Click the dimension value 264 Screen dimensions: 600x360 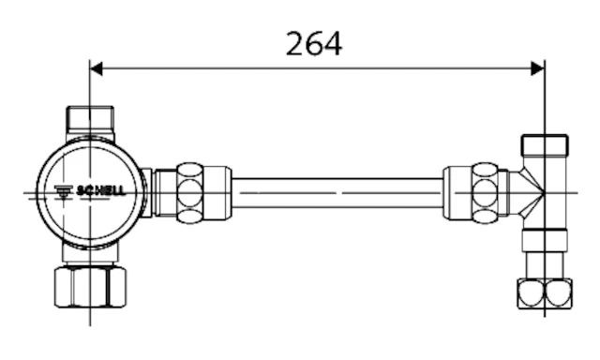pyautogui.click(x=314, y=44)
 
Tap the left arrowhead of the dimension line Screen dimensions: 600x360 pyautogui.click(x=96, y=68)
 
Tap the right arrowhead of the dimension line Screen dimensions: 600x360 pyautogui.click(x=537, y=68)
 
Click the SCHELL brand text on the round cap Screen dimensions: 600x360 pyautogui.click(x=101, y=190)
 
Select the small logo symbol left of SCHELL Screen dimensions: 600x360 pyautogui.click(x=64, y=191)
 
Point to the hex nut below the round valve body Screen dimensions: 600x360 pyautogui.click(x=90, y=287)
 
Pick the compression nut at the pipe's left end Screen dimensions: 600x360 pyautogui.click(x=190, y=193)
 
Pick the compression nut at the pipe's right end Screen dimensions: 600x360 pyautogui.click(x=485, y=193)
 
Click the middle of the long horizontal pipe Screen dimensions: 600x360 pyautogui.click(x=337, y=193)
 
